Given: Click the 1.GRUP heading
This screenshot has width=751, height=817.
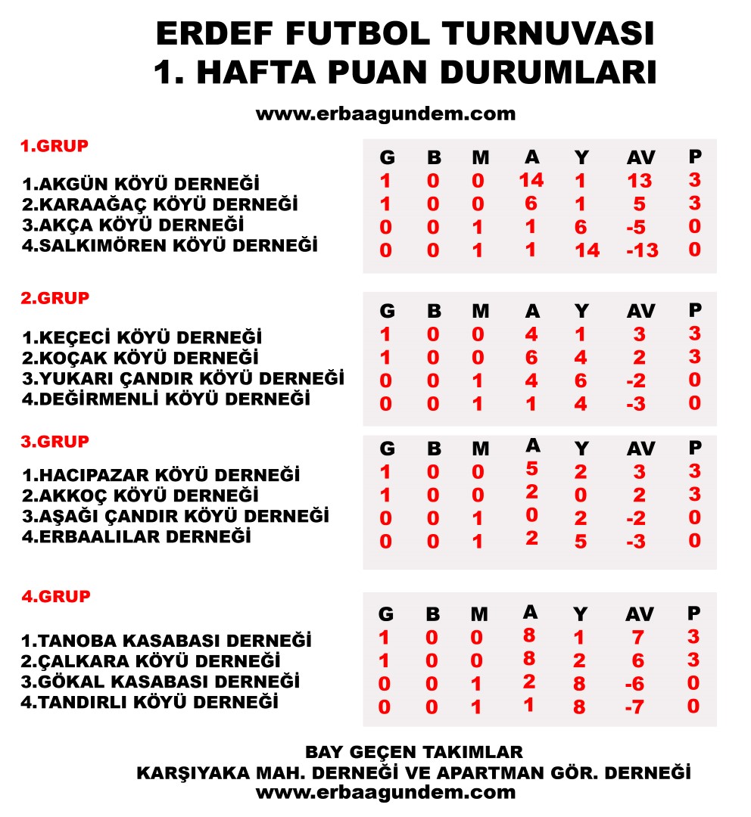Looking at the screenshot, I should [x=54, y=146].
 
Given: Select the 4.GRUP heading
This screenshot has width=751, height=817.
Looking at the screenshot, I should [x=56, y=596].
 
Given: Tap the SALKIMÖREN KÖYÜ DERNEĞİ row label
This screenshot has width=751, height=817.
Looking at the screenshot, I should [x=170, y=245].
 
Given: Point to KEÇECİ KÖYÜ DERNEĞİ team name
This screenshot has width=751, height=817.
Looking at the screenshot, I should [x=142, y=337].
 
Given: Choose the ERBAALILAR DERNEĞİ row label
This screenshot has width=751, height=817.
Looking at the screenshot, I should [x=136, y=537].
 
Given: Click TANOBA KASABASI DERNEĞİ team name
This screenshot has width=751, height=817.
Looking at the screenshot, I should [x=167, y=641].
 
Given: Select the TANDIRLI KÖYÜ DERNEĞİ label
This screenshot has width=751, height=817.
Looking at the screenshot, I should [x=150, y=702].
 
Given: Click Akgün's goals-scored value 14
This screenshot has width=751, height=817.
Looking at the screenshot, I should [x=532, y=180].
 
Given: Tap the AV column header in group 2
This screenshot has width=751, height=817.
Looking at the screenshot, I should [x=640, y=312].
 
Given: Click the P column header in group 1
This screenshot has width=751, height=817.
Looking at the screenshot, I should [x=695, y=157].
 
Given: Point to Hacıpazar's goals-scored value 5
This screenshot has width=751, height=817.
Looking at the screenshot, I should [x=532, y=469].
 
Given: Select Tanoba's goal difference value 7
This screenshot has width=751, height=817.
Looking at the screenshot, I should [x=638, y=638].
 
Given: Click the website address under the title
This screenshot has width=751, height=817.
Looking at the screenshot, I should [x=385, y=114].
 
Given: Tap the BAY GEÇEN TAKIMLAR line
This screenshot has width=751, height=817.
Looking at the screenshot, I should [x=413, y=752].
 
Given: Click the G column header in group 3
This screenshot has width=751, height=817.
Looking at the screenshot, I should [x=386, y=449].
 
